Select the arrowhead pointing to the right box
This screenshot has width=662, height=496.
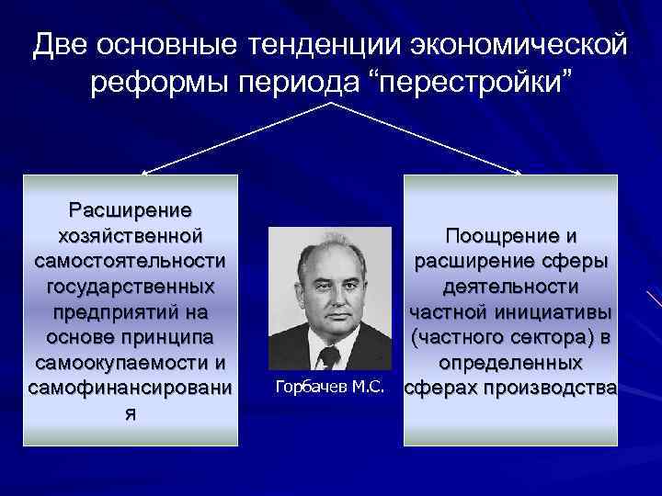pos(520,171)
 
